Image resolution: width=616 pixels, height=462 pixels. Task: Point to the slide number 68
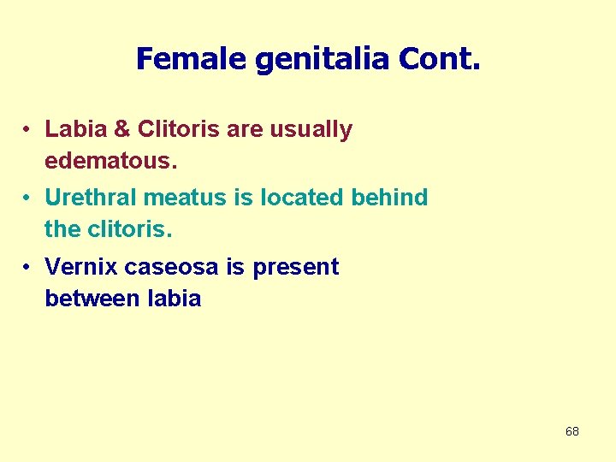click(572, 431)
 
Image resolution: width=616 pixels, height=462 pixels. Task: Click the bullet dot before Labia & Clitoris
click(28, 130)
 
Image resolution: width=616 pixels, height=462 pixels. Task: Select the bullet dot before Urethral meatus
click(28, 198)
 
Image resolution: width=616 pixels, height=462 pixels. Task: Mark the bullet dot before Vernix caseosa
click(28, 268)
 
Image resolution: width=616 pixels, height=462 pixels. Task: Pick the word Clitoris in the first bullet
click(175, 130)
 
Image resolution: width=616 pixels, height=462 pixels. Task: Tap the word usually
click(311, 130)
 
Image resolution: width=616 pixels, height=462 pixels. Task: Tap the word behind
click(390, 198)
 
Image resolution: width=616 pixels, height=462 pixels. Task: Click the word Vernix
click(81, 267)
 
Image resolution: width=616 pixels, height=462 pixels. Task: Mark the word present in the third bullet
click(295, 267)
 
